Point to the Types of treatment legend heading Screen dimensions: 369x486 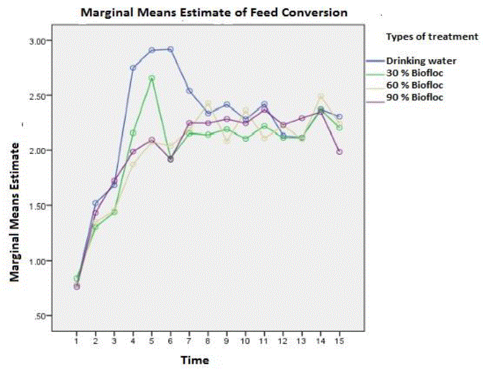(x=432, y=36)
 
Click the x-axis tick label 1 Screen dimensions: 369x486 (x=76, y=339)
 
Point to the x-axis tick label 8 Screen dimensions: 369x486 (x=208, y=339)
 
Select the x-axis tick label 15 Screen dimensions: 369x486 (x=339, y=339)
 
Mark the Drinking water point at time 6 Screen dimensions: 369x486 (x=170, y=49)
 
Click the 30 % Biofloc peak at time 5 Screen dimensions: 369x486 (x=151, y=78)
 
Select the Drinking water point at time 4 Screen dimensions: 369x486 (x=133, y=68)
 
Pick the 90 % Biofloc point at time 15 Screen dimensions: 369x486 (x=339, y=152)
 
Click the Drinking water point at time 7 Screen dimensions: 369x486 (x=189, y=91)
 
